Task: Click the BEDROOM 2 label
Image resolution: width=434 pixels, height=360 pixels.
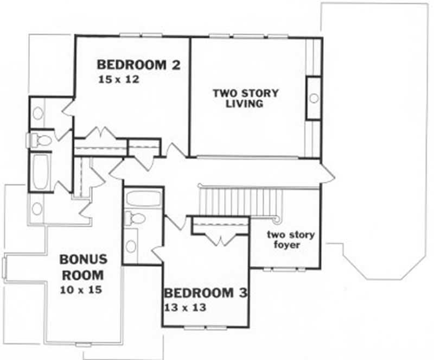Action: click(x=138, y=65)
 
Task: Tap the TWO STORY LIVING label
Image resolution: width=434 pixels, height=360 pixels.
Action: click(x=245, y=98)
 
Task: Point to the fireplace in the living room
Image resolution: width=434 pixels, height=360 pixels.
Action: click(x=313, y=98)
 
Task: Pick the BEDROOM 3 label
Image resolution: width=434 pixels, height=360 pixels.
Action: click(x=206, y=294)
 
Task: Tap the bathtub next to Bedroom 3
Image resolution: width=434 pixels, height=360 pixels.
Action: click(x=143, y=198)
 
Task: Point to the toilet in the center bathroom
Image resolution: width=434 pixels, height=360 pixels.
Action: click(x=135, y=218)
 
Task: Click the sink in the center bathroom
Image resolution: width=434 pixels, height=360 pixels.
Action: click(x=132, y=245)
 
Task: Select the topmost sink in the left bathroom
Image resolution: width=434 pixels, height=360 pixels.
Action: click(x=39, y=113)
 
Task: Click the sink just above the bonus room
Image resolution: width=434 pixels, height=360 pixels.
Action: click(x=37, y=207)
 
